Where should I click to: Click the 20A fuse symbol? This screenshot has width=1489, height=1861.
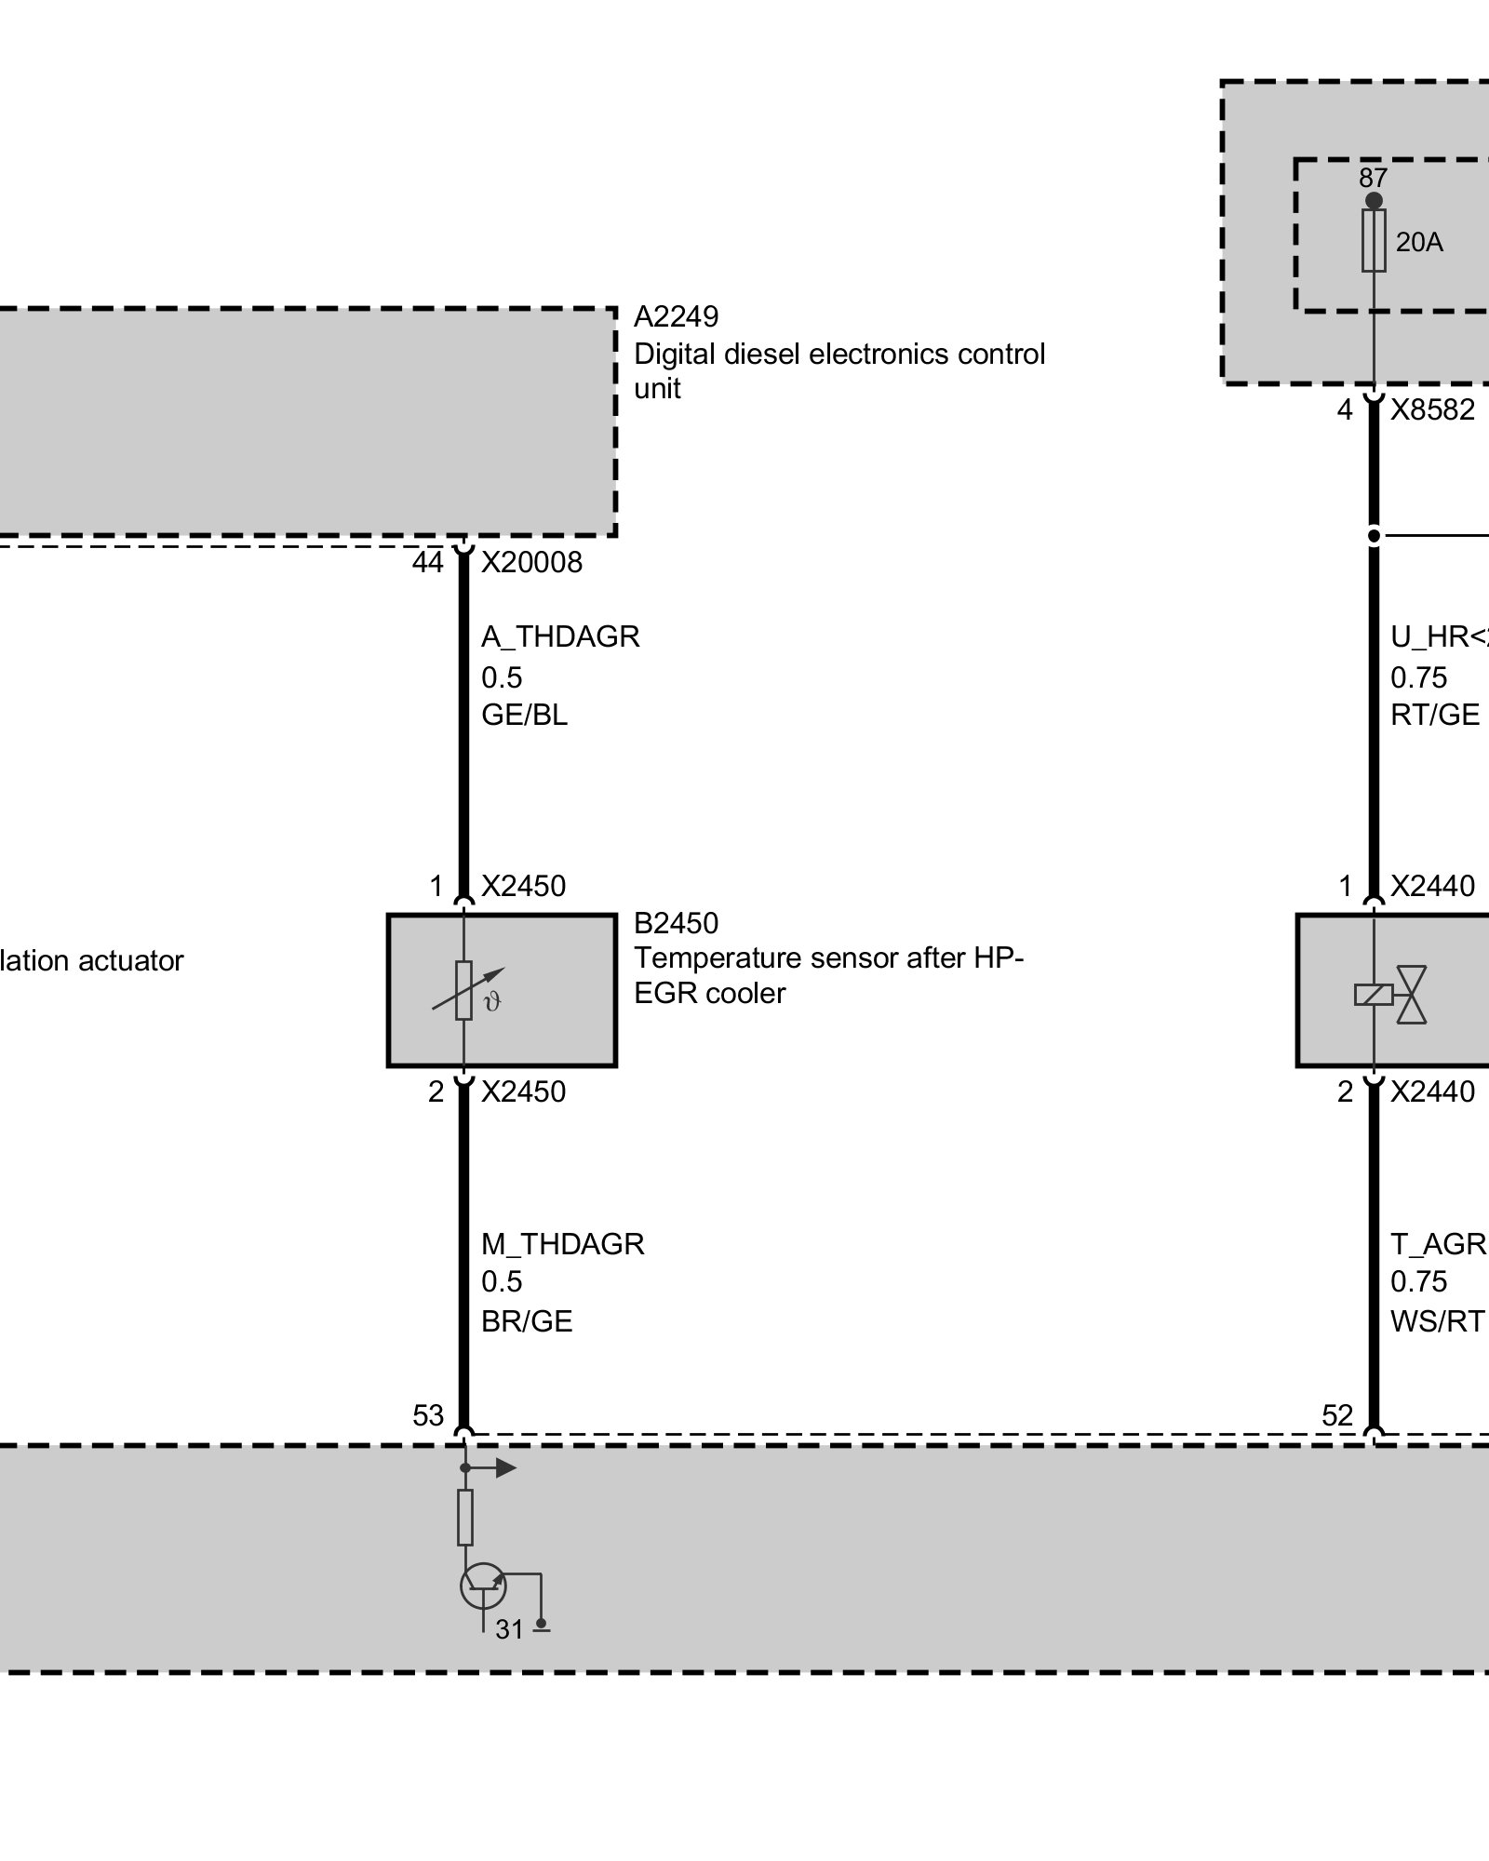point(1374,240)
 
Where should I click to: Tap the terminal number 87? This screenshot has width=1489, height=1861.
point(1373,177)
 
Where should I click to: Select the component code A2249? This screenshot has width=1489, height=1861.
point(676,317)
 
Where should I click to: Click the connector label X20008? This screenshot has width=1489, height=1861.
point(531,562)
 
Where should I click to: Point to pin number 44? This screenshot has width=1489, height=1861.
point(428,562)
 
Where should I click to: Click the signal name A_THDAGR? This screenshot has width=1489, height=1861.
point(560,636)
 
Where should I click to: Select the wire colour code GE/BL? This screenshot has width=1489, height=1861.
point(524,715)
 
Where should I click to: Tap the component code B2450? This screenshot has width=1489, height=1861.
point(676,923)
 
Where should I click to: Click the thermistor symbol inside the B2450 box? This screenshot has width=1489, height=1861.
point(465,991)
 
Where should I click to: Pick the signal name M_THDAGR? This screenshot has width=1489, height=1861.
point(562,1244)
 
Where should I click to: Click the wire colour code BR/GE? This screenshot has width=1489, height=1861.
point(527,1321)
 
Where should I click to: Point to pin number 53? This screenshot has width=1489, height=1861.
point(428,1415)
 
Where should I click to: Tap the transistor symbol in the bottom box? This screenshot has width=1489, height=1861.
point(483,1587)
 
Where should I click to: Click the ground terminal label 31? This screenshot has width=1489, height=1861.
point(509,1629)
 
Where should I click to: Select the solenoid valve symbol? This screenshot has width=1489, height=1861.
point(1391,995)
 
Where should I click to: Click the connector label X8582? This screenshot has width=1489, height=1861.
point(1432,409)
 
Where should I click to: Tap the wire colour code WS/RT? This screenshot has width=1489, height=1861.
point(1437,1321)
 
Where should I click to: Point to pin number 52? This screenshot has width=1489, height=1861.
point(1337,1415)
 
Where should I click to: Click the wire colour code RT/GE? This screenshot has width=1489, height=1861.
point(1435,715)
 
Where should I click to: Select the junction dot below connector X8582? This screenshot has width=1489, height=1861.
point(1374,536)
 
